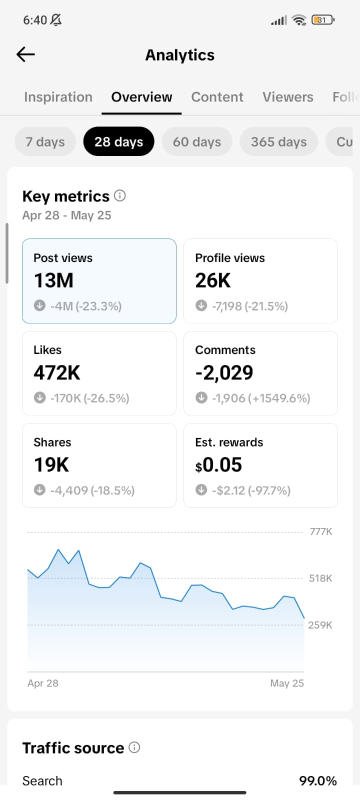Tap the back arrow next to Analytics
click(x=25, y=54)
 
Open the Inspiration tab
click(x=58, y=97)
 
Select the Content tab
click(x=217, y=97)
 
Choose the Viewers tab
click(x=288, y=97)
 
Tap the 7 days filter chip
click(x=45, y=142)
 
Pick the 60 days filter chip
click(x=197, y=142)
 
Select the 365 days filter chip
click(x=278, y=142)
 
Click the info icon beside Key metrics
click(x=120, y=195)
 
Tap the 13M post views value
click(x=53, y=280)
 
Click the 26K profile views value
click(x=213, y=280)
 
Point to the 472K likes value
click(x=57, y=372)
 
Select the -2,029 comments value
click(x=224, y=373)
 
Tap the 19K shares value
click(x=51, y=464)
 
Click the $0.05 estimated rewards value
click(x=218, y=464)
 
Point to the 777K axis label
click(x=321, y=532)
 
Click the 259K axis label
click(x=320, y=625)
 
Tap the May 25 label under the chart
click(x=287, y=683)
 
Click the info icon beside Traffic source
click(x=134, y=747)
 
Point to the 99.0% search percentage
click(x=318, y=780)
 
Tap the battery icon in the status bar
click(x=323, y=19)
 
